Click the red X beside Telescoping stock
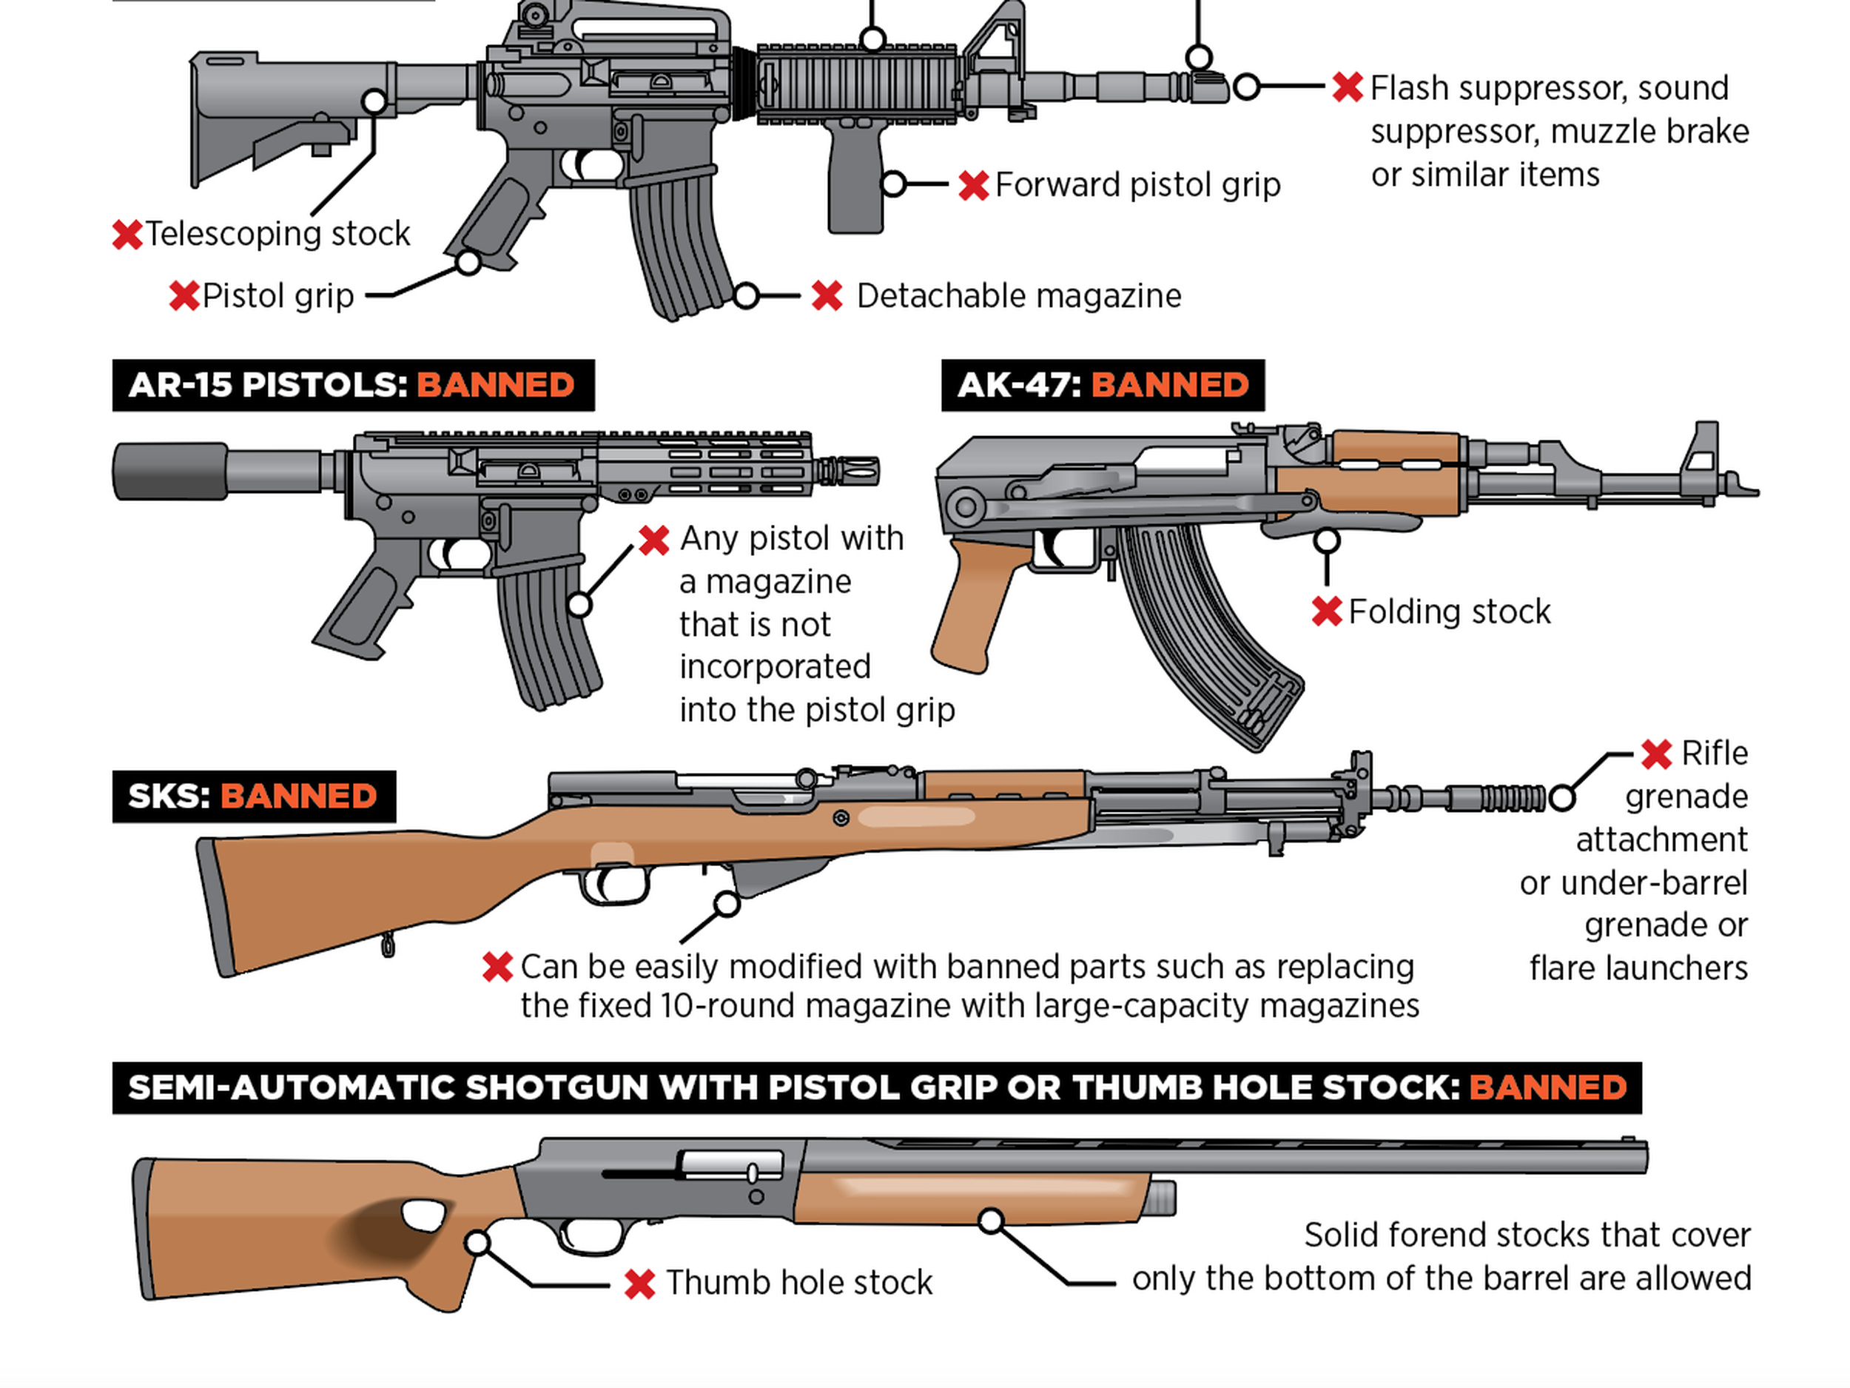coord(127,235)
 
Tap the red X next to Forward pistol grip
coord(974,185)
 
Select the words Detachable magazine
coord(1019,296)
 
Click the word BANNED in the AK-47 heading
coord(1169,385)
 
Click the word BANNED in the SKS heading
coord(298,796)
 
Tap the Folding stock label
coord(1450,611)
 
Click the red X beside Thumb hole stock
coord(640,1284)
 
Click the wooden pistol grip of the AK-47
coord(975,603)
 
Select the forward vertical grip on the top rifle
coord(855,180)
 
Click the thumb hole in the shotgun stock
coord(424,1215)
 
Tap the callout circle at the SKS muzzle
coord(1561,797)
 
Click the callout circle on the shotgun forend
coord(991,1221)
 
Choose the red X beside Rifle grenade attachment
coord(1656,754)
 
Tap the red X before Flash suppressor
coord(1348,87)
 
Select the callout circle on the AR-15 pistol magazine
coord(579,604)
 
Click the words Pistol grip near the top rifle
coord(277,296)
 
